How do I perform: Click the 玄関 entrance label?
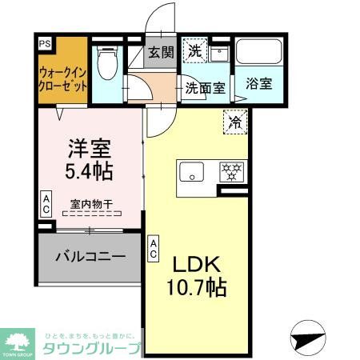160,52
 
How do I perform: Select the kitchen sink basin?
192,171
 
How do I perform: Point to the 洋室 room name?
87,149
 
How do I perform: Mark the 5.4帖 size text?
87,170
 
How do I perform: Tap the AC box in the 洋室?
46,205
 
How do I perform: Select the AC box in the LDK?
153,248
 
